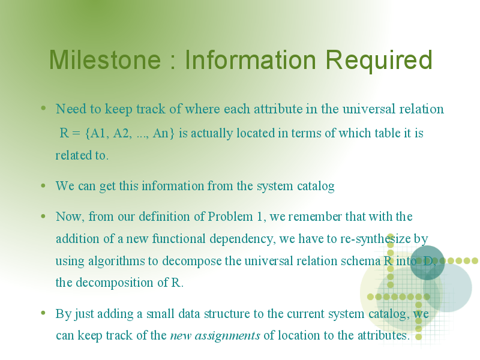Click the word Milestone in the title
[x=105, y=59]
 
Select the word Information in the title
[x=250, y=59]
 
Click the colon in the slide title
[x=173, y=62]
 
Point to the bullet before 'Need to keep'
[x=43, y=108]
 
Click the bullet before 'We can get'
[x=43, y=185]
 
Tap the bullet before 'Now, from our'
[x=43, y=216]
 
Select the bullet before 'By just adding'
[x=43, y=313]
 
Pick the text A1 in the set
[x=98, y=133]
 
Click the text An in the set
[x=160, y=133]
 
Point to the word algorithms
[x=116, y=262]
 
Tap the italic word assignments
[x=227, y=336]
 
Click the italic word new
[x=181, y=336]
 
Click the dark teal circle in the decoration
[x=427, y=263]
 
